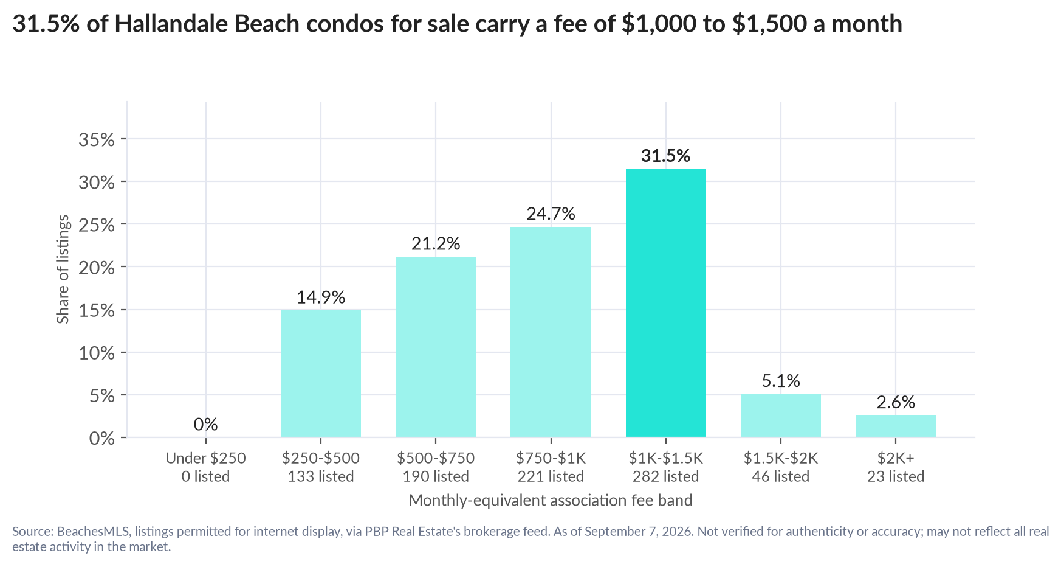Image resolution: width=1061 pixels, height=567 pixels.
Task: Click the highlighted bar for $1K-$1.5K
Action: tap(665, 302)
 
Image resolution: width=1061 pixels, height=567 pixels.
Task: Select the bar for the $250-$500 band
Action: tap(320, 374)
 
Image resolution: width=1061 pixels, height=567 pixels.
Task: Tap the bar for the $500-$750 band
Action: tap(436, 347)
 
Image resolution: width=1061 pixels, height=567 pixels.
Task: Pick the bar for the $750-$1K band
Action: tap(551, 332)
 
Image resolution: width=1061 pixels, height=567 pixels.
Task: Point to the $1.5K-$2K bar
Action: tap(781, 416)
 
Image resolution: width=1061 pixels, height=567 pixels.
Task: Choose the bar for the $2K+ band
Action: tap(896, 426)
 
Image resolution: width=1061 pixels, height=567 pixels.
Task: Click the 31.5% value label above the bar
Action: tap(665, 156)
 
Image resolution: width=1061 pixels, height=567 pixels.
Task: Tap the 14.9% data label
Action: tap(321, 297)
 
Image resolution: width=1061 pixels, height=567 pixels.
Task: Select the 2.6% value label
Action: tap(896, 402)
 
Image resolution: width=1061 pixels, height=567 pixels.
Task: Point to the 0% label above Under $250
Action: tap(206, 424)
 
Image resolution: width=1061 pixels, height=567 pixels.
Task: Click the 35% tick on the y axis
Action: tap(97, 140)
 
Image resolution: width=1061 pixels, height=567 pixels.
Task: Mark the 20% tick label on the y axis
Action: tap(97, 268)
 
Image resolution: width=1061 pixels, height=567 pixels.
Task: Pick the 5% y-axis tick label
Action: tap(101, 396)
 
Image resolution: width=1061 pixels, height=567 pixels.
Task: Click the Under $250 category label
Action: tap(206, 458)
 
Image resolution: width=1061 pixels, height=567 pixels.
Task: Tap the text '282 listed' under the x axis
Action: tap(665, 476)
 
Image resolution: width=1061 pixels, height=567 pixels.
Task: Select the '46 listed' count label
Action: tap(781, 476)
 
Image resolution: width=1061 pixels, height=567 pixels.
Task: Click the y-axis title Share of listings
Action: tap(63, 270)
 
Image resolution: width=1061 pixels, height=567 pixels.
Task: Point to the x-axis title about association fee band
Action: tap(551, 500)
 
